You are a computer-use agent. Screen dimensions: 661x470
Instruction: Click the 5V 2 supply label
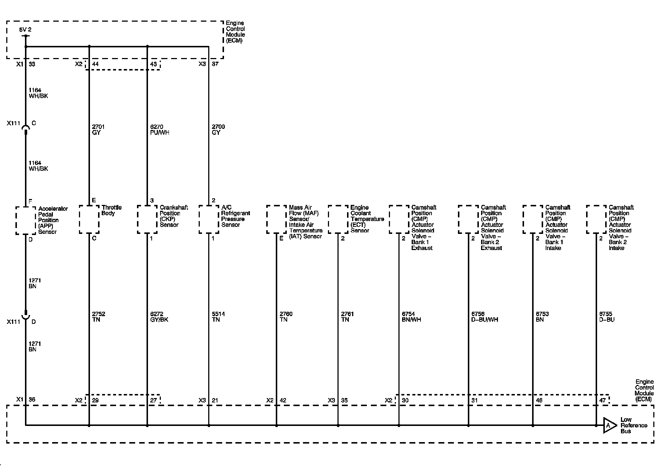click(25, 29)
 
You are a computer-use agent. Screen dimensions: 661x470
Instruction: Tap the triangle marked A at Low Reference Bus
click(608, 425)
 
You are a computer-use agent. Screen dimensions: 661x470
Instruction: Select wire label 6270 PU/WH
click(159, 130)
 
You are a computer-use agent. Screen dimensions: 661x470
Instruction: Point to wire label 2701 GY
click(98, 130)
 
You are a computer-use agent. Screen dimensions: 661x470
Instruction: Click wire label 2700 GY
click(218, 130)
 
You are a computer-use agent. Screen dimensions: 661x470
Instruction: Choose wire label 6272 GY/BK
click(159, 317)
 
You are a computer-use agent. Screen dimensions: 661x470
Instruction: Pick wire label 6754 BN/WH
click(411, 317)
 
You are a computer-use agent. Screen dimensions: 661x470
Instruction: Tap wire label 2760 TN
click(286, 317)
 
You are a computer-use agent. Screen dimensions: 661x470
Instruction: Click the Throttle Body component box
click(89, 219)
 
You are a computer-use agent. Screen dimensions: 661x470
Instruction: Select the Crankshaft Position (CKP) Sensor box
click(147, 219)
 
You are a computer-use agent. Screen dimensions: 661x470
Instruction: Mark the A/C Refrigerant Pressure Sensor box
click(209, 219)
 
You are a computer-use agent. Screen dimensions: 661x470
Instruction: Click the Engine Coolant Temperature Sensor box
click(338, 219)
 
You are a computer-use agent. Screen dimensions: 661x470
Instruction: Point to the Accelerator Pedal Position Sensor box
click(26, 220)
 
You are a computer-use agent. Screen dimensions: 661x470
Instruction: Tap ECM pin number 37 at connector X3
click(215, 64)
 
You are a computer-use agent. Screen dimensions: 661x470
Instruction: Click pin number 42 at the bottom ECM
click(283, 400)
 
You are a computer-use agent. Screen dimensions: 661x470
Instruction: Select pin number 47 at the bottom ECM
click(603, 400)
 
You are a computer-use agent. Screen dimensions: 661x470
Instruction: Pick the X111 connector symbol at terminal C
click(25, 128)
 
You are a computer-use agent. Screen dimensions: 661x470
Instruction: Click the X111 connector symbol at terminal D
click(25, 315)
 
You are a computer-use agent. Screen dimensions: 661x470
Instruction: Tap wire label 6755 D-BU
click(607, 317)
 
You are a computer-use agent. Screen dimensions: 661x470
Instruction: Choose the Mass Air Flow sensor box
click(277, 219)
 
